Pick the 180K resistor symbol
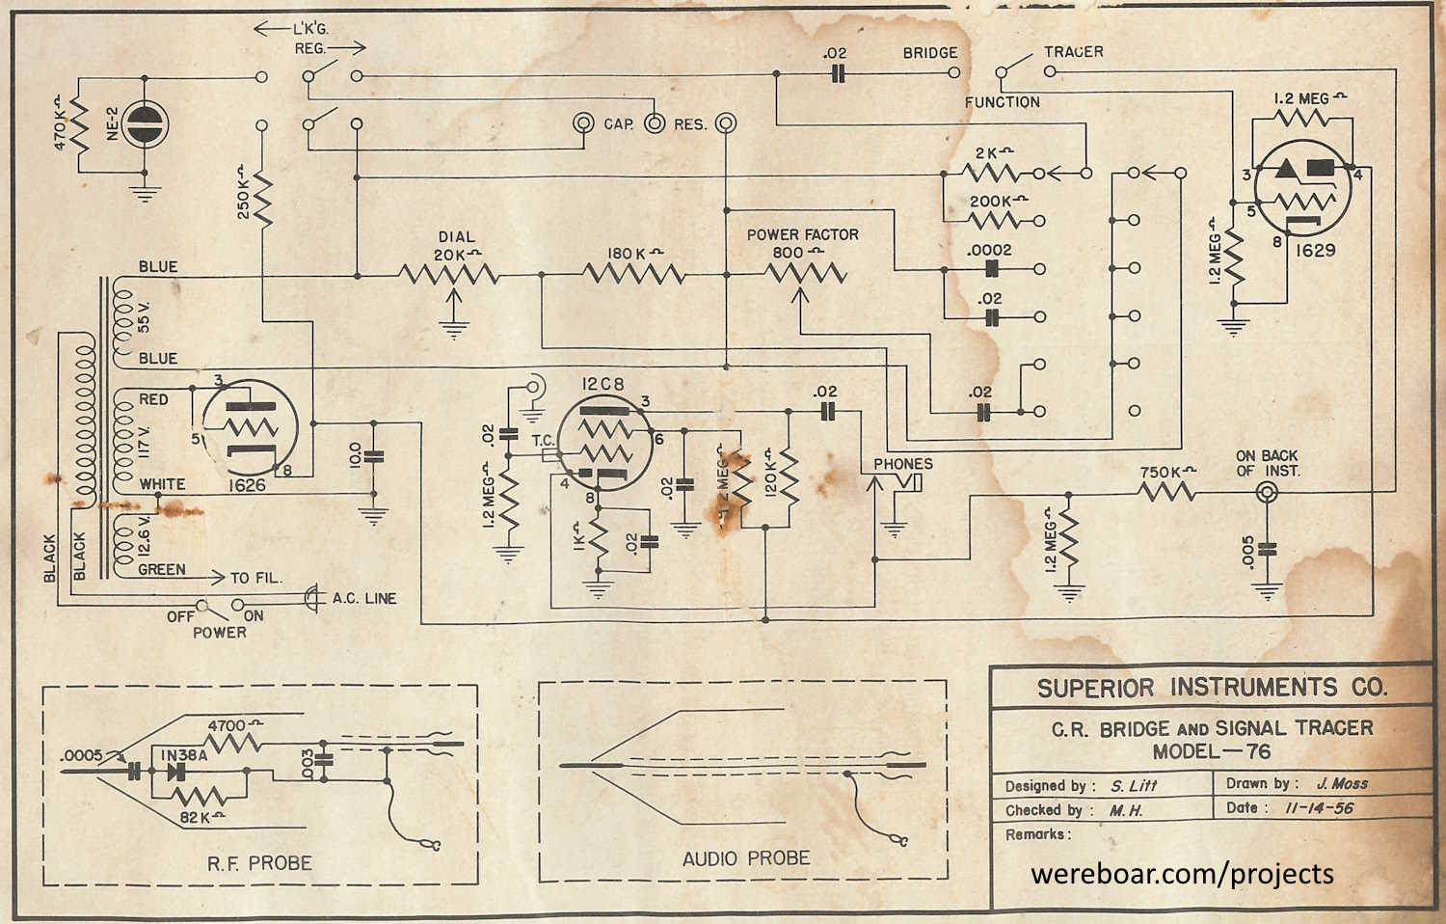pyautogui.click(x=633, y=275)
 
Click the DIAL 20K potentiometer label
pyautogui.click(x=456, y=245)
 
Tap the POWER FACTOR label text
pyautogui.click(x=802, y=234)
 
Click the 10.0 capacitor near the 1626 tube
pyautogui.click(x=373, y=454)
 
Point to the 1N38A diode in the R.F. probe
pyautogui.click(x=177, y=771)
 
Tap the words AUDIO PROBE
pyautogui.click(x=746, y=858)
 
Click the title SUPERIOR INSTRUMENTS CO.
pyautogui.click(x=1212, y=688)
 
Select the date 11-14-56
pyautogui.click(x=1319, y=808)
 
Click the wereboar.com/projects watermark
pyautogui.click(x=1182, y=874)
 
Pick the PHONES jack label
pyautogui.click(x=902, y=464)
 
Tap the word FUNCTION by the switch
pyautogui.click(x=1003, y=102)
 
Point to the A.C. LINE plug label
pyautogui.click(x=364, y=598)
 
